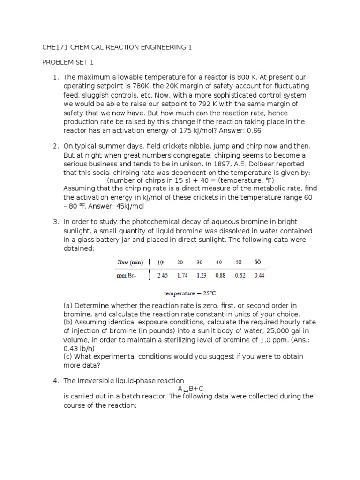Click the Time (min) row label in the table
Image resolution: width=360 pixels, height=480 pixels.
pyautogui.click(x=129, y=262)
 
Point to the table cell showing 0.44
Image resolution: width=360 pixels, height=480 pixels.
pyautogui.click(x=259, y=275)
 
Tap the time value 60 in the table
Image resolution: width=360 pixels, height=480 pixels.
pyautogui.click(x=257, y=262)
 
